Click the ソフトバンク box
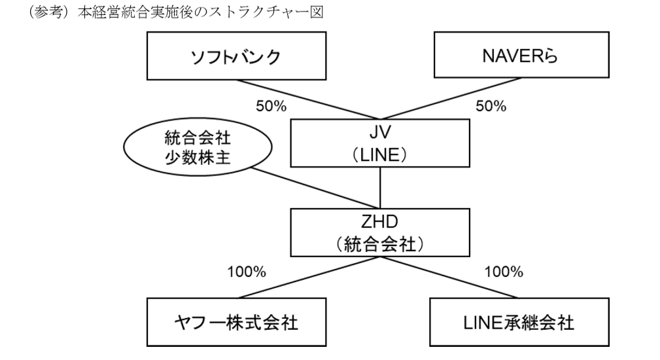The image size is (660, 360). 237,56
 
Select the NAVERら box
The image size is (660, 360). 521,55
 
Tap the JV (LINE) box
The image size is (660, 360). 380,143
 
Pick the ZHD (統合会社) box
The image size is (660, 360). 380,232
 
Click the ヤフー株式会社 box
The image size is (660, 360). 237,322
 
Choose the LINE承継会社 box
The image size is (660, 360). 519,322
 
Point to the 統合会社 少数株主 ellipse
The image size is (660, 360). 198,147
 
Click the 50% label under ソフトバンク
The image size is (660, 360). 271,106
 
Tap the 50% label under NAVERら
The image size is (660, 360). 491,106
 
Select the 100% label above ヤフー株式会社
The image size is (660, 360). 247,272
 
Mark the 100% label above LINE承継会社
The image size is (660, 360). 504,272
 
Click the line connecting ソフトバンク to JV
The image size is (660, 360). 308,99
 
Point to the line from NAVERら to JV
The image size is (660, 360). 451,99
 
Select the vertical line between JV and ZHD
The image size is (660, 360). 380,188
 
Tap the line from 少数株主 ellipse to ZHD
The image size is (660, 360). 316,189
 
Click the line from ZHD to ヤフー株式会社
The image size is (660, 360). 309,278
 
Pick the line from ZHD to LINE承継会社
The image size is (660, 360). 449,278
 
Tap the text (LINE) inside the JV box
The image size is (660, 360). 380,155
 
